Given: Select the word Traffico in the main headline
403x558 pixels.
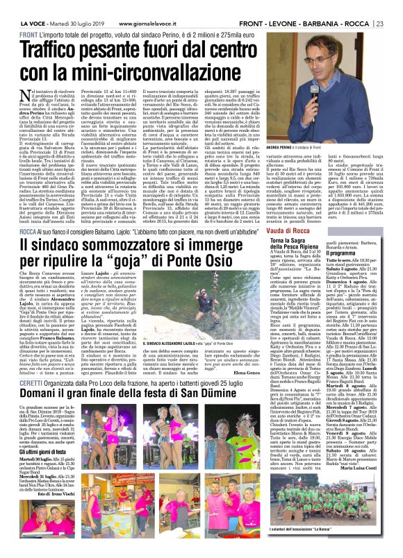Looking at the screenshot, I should pyautogui.click(x=63, y=51).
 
